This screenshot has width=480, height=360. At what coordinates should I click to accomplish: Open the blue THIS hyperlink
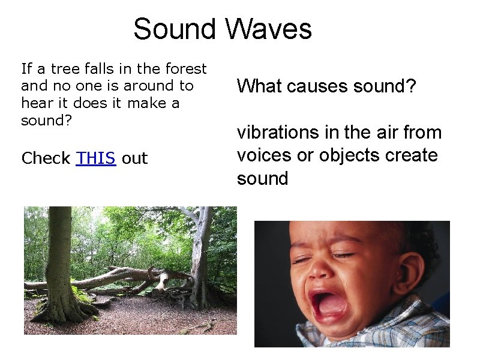tap(96, 158)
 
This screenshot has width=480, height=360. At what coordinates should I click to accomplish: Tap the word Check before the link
tap(46, 158)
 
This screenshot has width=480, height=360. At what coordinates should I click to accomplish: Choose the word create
tap(414, 155)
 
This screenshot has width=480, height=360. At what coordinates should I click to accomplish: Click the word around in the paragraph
tap(128, 86)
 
